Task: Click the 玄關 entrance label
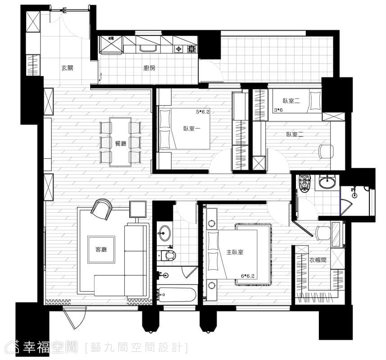67,68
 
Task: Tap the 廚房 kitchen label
150,68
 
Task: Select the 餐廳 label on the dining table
121,143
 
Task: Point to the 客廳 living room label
101,249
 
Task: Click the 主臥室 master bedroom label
235,252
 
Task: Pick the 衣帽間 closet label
318,260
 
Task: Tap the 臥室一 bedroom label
192,128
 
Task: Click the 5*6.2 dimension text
203,112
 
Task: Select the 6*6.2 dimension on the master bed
248,276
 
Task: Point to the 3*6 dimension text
278,110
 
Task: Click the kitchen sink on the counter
148,49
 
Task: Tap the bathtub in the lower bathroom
177,295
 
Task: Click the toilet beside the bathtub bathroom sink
168,256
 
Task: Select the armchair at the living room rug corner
101,209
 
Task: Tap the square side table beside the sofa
138,209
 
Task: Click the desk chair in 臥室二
327,152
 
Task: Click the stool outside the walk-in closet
323,233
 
